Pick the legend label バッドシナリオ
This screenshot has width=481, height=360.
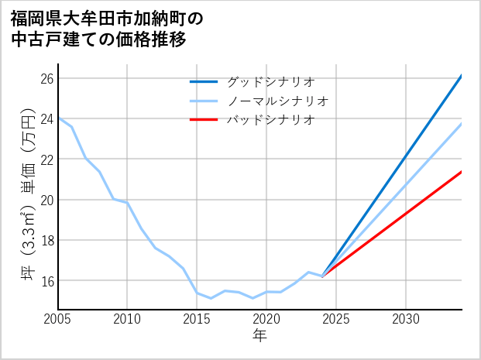click(x=270, y=120)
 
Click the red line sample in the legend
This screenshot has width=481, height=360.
click(x=204, y=120)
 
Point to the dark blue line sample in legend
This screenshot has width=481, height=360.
click(x=204, y=81)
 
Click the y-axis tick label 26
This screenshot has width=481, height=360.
click(x=46, y=79)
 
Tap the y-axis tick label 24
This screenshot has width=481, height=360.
click(x=46, y=119)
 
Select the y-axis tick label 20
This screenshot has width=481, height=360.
click(x=46, y=200)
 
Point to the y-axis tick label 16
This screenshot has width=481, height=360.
click(x=46, y=280)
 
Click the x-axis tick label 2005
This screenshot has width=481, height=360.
click(x=58, y=319)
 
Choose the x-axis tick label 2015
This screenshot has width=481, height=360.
click(x=197, y=319)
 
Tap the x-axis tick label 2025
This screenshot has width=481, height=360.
click(x=336, y=319)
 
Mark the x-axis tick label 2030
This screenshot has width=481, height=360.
click(x=406, y=319)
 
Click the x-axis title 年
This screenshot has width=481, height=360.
click(x=259, y=336)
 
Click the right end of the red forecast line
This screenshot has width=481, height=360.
click(x=462, y=171)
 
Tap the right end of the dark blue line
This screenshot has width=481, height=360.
click(x=462, y=75)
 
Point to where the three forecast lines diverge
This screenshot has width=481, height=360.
click(x=322, y=276)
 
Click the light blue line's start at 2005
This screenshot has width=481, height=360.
click(x=58, y=118)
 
